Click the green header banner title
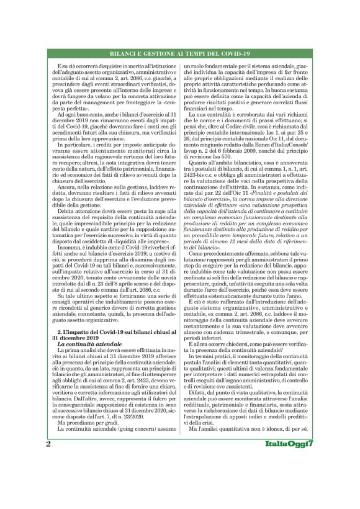(x=179, y=55)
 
